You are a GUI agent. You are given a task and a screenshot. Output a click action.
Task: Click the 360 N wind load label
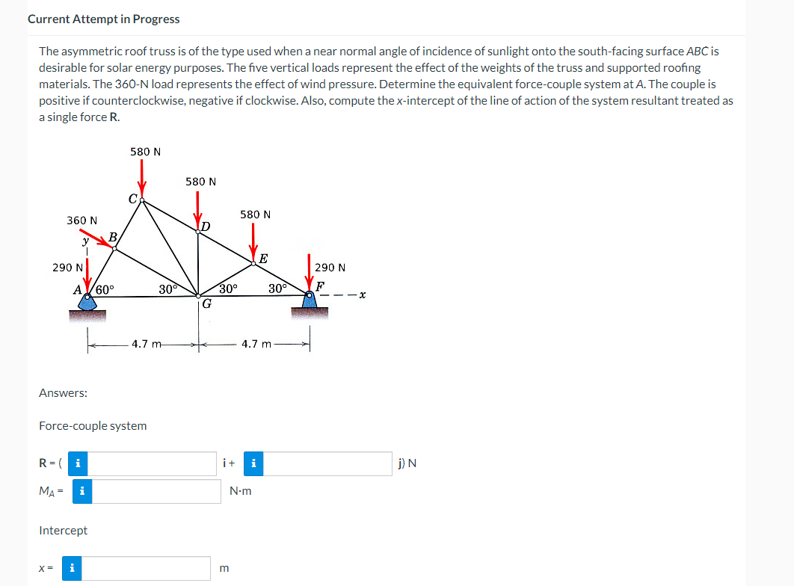click(81, 220)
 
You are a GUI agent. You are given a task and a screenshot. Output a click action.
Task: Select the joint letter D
click(205, 225)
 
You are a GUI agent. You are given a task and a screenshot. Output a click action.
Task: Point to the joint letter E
click(263, 259)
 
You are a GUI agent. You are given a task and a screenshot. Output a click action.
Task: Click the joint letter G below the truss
click(206, 304)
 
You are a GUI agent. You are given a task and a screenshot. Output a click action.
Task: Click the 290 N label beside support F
click(330, 267)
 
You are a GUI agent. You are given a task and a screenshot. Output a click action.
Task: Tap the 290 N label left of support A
click(67, 267)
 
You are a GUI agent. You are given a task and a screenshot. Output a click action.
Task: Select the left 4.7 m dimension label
click(147, 345)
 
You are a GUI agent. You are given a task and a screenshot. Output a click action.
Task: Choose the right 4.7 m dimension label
click(257, 345)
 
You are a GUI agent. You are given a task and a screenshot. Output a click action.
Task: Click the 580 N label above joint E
click(255, 215)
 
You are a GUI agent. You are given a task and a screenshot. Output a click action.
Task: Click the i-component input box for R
click(155, 463)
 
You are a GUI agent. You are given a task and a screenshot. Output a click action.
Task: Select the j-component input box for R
click(327, 463)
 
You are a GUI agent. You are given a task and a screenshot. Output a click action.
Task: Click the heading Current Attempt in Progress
click(103, 19)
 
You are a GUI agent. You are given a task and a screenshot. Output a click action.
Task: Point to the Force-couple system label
click(93, 425)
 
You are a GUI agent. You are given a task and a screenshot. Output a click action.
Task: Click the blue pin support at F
click(310, 303)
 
